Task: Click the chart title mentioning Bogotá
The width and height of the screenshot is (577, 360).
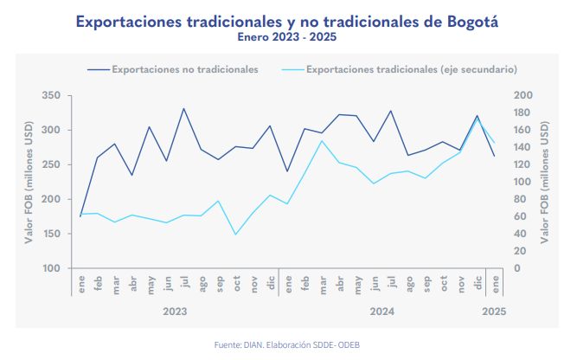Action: [287, 20]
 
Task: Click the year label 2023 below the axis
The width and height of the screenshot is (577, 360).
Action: [175, 310]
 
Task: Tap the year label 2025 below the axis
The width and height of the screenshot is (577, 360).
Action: [494, 310]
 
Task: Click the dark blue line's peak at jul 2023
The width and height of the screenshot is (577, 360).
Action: [183, 108]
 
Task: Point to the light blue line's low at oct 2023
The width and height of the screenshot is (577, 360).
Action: [235, 235]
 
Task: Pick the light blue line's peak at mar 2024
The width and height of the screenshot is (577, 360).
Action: [322, 140]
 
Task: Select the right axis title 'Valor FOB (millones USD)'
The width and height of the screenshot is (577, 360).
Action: [545, 182]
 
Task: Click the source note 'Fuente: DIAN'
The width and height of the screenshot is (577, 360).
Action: [288, 344]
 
